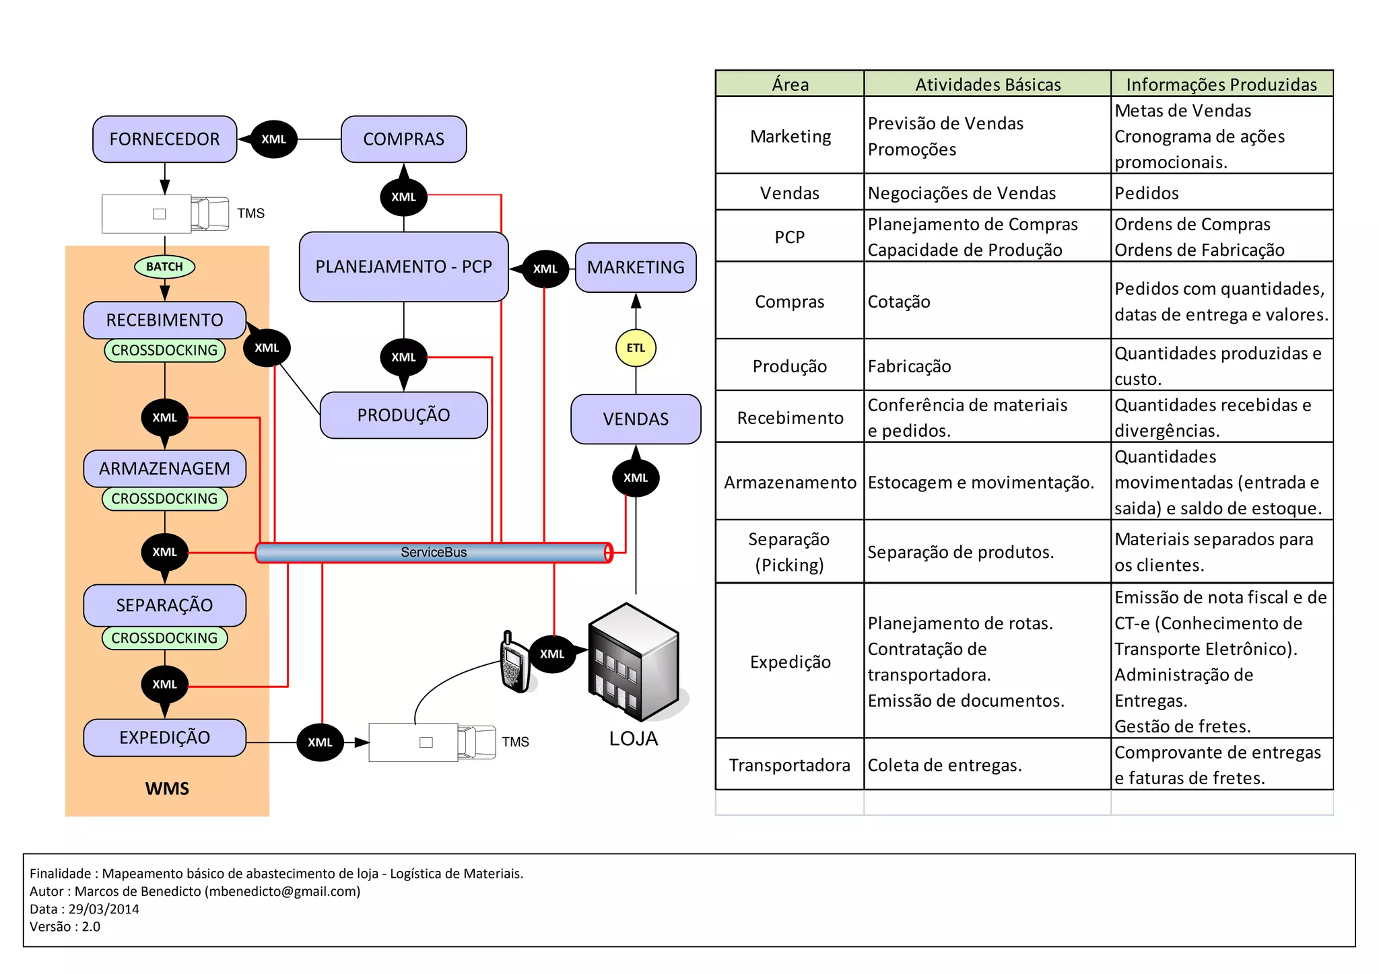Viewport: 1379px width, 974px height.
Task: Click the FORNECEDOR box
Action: point(164,139)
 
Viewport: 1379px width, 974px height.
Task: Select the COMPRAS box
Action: point(403,139)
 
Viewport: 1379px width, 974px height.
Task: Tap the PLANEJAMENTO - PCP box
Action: point(403,267)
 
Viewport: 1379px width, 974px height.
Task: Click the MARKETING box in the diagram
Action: point(636,268)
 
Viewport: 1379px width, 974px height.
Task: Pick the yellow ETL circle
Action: point(636,348)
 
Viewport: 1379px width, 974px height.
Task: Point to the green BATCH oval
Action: point(164,267)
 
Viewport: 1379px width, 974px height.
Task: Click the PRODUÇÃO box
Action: point(403,415)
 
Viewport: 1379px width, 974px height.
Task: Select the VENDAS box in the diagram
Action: point(636,419)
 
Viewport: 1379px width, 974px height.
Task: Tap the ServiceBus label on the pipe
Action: point(434,553)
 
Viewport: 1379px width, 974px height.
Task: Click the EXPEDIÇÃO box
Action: point(164,738)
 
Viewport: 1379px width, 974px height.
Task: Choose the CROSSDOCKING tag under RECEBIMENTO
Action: point(164,351)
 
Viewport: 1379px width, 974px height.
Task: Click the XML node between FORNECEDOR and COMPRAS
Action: point(273,139)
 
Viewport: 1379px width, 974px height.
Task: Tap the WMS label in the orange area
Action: point(167,788)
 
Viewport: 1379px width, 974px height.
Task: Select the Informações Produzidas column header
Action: point(1221,85)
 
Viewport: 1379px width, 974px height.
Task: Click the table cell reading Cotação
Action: point(899,302)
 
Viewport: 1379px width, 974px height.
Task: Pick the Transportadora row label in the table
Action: point(789,765)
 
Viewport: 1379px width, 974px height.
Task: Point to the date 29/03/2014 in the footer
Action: point(104,909)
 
